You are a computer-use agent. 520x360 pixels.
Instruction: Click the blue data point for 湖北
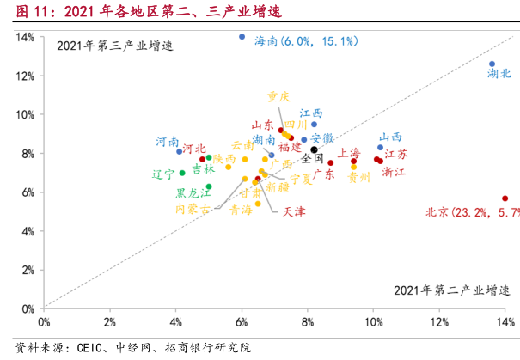(x=492, y=64)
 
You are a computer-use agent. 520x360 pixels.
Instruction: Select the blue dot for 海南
(x=242, y=37)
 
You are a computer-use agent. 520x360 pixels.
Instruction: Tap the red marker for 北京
(x=505, y=198)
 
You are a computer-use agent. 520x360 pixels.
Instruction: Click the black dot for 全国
(x=315, y=149)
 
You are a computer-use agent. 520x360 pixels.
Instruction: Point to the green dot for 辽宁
(x=182, y=173)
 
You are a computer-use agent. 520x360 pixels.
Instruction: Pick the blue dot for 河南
(x=180, y=151)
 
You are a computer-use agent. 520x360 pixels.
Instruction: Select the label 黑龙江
(x=193, y=193)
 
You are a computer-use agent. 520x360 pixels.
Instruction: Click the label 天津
(x=293, y=211)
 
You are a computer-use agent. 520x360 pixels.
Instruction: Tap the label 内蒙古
(x=193, y=208)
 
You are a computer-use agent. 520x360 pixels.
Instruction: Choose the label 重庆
(x=278, y=96)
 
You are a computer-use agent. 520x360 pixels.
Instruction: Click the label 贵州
(x=359, y=178)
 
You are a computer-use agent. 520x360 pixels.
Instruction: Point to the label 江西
(x=311, y=113)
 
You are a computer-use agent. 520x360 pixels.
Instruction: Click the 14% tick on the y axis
(x=24, y=37)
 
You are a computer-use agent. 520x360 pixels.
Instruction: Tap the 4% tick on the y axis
(x=27, y=231)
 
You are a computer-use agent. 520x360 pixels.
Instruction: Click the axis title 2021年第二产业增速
(x=445, y=289)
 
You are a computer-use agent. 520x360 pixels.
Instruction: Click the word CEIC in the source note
(x=88, y=348)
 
